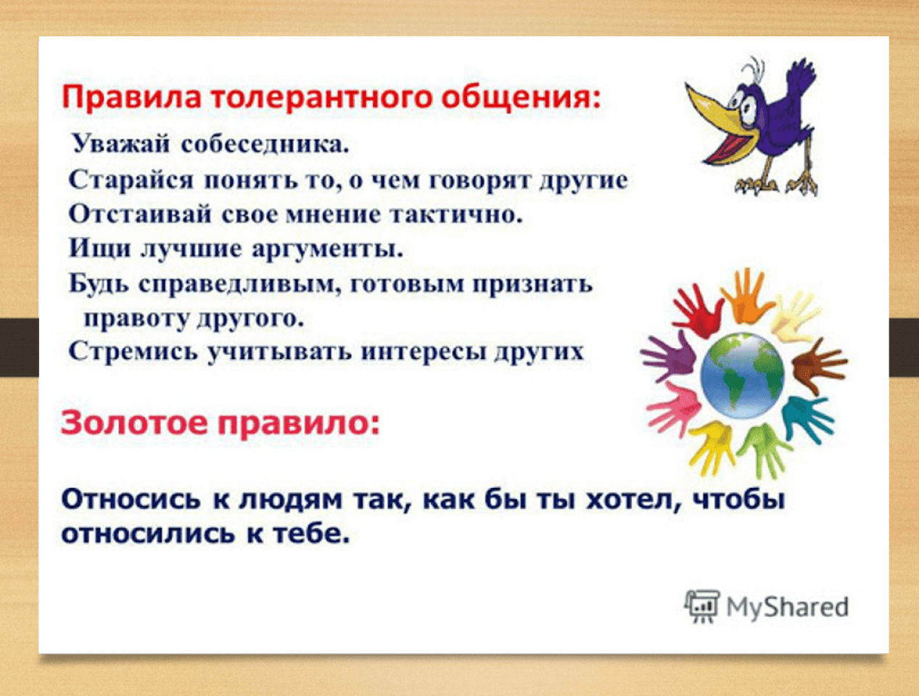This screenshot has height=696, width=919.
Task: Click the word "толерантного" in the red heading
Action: point(321,98)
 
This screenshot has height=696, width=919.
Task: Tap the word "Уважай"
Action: point(120,144)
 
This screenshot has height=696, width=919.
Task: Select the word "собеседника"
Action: point(265,144)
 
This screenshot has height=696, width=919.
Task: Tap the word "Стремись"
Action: point(133,351)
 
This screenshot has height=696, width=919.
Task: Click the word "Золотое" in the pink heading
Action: point(133,423)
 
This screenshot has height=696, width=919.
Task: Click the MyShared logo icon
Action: point(702,605)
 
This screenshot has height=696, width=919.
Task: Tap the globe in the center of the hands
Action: point(742,376)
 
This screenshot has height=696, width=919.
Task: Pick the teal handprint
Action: point(806,418)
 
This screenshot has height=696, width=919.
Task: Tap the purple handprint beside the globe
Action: point(669,356)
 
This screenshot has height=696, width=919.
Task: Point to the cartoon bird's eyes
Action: point(744,104)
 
